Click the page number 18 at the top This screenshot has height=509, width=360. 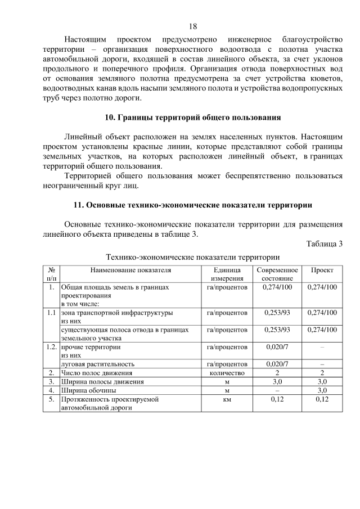click(x=192, y=26)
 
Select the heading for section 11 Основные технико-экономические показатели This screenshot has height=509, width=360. click(x=192, y=204)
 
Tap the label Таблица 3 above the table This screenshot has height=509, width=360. click(x=325, y=244)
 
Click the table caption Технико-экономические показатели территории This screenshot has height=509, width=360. click(x=192, y=257)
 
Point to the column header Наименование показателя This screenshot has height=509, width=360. click(x=130, y=271)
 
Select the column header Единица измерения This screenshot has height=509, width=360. click(x=227, y=274)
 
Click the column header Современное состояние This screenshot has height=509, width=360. click(x=277, y=274)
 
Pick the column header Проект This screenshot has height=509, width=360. click(x=322, y=271)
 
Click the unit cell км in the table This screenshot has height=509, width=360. click(x=227, y=398)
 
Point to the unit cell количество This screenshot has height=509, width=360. click(x=227, y=372)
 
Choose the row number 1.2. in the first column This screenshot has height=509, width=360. click(x=51, y=347)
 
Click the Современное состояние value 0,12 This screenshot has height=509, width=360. click(x=277, y=398)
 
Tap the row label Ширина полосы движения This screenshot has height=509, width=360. click(x=102, y=381)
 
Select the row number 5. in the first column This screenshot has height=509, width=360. click(x=51, y=398)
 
